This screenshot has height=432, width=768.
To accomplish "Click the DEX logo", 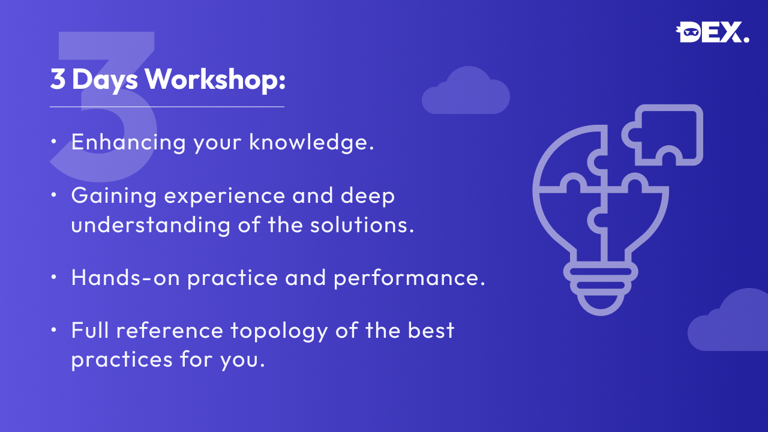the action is pyautogui.click(x=712, y=32).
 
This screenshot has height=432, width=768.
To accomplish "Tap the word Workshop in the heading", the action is pyautogui.click(x=215, y=80).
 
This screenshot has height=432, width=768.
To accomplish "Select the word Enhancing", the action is pyautogui.click(x=128, y=142).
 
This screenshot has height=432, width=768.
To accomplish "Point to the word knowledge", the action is pyautogui.click(x=311, y=142).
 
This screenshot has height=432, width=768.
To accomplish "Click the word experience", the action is pyautogui.click(x=224, y=196).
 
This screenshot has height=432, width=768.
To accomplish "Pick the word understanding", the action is pyautogui.click(x=151, y=225).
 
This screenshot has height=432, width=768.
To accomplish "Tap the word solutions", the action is pyautogui.click(x=362, y=225).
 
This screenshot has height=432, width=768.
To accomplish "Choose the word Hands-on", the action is pyautogui.click(x=125, y=277).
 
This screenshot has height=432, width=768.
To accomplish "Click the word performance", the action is pyautogui.click(x=409, y=278).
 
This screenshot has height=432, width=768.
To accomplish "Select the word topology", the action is pyautogui.click(x=279, y=331).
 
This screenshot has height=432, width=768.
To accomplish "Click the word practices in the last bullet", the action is pyautogui.click(x=122, y=360).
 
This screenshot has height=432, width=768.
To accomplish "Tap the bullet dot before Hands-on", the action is pyautogui.click(x=53, y=277).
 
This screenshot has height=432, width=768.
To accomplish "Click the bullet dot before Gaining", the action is pyautogui.click(x=53, y=195).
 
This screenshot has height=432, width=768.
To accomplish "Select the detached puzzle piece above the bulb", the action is pyautogui.click(x=662, y=135).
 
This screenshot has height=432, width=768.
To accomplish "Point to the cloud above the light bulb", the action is pyautogui.click(x=466, y=91).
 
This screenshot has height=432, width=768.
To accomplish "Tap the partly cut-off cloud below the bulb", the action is pyautogui.click(x=728, y=320).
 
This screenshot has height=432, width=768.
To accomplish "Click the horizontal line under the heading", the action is pyautogui.click(x=167, y=107).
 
